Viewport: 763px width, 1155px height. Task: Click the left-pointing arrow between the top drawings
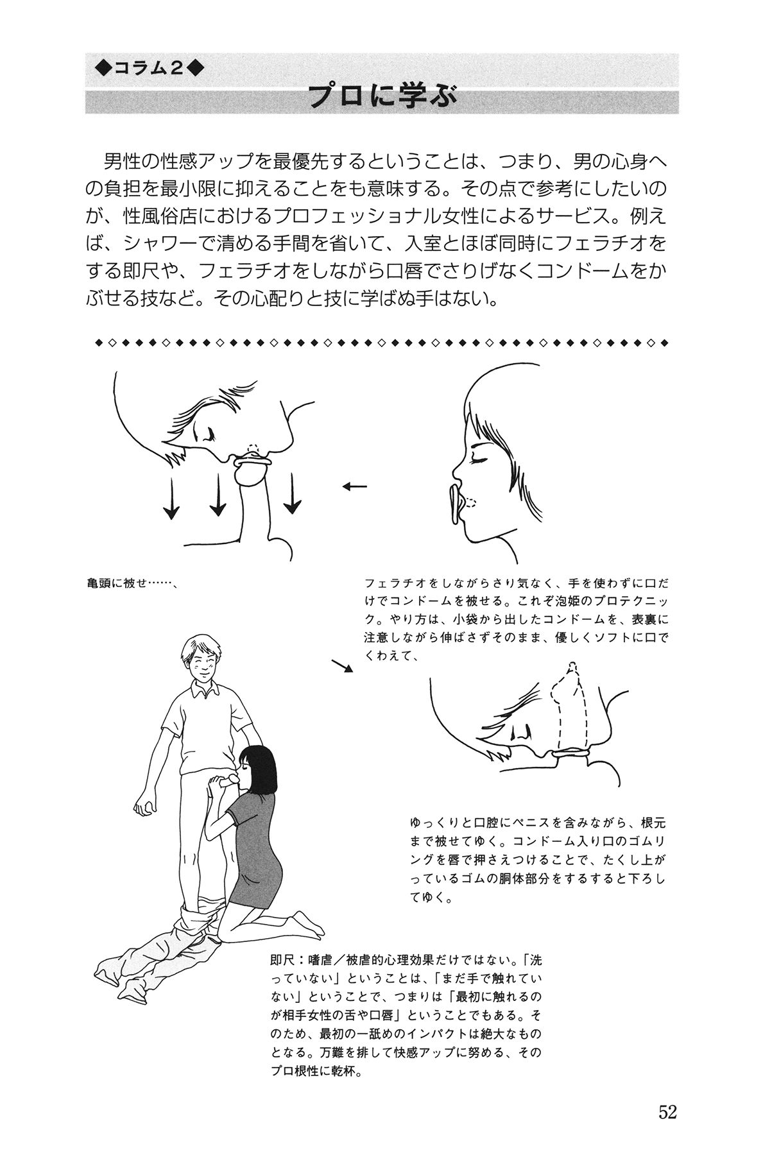click(354, 486)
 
